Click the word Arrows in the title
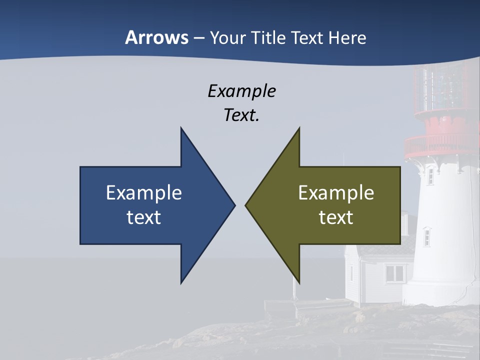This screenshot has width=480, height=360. [x=156, y=37]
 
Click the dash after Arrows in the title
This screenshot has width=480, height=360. [x=198, y=38]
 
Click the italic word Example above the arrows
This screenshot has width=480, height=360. [x=241, y=91]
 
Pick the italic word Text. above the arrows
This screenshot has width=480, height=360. [x=241, y=115]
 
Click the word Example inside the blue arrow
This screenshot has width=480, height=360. [x=144, y=193]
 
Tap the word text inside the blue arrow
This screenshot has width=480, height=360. [x=144, y=217]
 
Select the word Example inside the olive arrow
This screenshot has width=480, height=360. [x=336, y=193]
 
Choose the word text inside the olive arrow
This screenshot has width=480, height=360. [x=336, y=217]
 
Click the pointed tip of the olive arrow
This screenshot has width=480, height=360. [x=246, y=205]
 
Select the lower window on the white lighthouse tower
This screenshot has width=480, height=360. [x=426, y=236]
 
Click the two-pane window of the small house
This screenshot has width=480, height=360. [x=395, y=273]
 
